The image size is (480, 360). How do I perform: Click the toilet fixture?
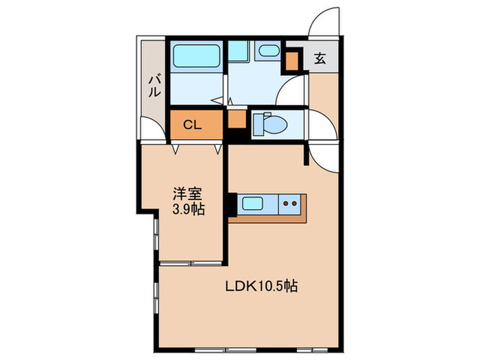coord(263,124)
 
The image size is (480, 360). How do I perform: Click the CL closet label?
coord(191,125)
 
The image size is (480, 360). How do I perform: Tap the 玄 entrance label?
coord(320,58)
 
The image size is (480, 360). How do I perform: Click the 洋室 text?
coord(188,194)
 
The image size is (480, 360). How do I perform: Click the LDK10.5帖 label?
coord(261,287)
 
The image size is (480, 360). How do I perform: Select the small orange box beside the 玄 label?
coord(293,61)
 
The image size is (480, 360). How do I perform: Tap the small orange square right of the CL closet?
coord(237,119)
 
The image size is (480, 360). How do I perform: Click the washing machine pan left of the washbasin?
coord(238,51)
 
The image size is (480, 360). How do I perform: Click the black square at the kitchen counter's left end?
coord(231,204)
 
